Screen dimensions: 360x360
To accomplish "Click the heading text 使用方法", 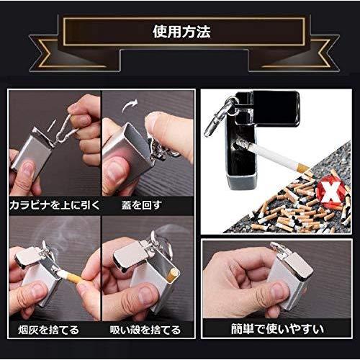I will click(181, 32).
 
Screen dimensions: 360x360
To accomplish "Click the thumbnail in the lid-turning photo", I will click(115, 171).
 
